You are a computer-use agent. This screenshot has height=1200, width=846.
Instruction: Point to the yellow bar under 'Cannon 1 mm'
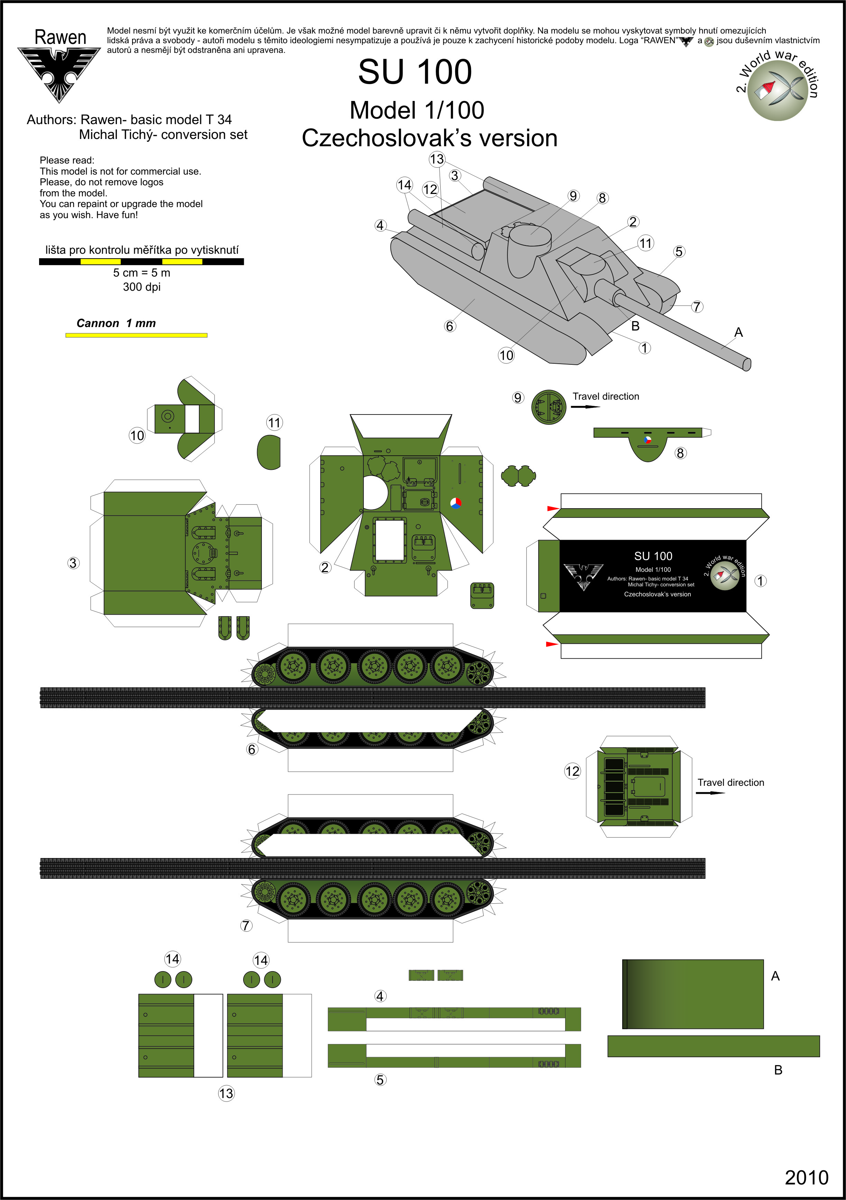tap(137, 335)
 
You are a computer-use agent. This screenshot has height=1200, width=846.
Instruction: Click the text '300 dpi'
tap(142, 287)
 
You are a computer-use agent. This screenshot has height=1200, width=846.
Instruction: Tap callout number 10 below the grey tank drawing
tap(506, 355)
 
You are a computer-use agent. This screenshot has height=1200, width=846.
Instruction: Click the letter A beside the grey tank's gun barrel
tap(738, 332)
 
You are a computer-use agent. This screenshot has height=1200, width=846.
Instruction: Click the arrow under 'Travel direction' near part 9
tap(586, 407)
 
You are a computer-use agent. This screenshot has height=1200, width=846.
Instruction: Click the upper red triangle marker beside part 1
tap(553, 508)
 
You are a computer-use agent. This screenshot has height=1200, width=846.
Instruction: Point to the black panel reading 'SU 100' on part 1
tap(653, 575)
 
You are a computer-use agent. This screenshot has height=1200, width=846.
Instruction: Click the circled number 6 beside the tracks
tap(252, 750)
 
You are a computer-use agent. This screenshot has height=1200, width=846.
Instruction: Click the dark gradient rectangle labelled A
tap(693, 994)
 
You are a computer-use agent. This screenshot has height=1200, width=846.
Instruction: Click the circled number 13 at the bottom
tap(226, 1093)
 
